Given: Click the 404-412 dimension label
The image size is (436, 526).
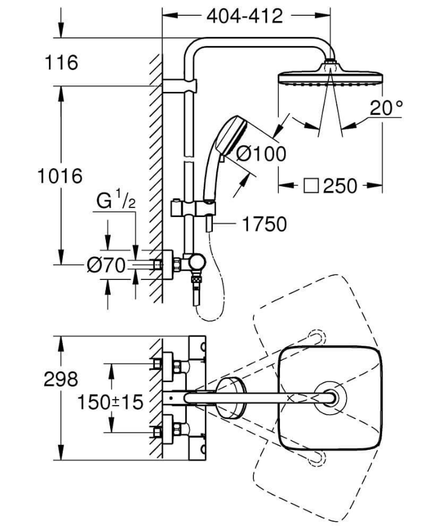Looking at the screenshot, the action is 245,16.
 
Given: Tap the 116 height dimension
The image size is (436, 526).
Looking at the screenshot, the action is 62,63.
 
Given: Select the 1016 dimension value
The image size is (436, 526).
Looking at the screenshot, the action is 60,176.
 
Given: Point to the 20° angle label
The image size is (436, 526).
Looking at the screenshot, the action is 386,108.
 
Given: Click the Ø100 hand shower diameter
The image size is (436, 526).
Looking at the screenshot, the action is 261,154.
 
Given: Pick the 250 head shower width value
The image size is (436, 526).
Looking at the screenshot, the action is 340,186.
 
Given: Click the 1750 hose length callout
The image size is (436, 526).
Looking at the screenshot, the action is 264,224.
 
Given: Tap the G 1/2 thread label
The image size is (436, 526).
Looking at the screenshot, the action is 116,200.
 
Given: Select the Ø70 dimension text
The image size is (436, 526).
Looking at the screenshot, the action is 106,265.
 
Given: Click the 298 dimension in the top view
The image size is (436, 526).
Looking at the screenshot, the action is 60,379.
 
